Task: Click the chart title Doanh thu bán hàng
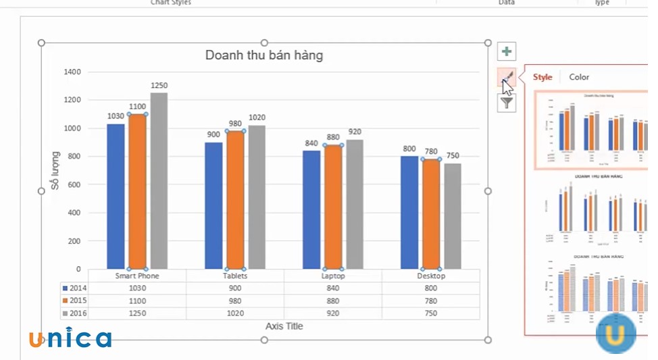pos(264,55)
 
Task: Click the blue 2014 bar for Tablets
pos(213,205)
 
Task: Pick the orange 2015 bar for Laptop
pos(333,207)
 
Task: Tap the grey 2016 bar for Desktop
pos(453,216)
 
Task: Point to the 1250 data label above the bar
pos(159,86)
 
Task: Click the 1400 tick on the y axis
pos(72,72)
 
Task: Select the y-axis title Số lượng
pos(56,170)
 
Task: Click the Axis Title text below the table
pos(284,326)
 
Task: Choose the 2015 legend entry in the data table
pos(75,301)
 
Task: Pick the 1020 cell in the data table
pos(235,313)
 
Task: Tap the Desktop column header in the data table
pos(431,276)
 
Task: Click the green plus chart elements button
pos(507,51)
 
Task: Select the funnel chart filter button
pos(507,103)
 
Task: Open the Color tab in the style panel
pos(579,77)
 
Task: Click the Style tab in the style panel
pos(542,77)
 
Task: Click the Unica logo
pos(70,338)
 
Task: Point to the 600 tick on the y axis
pos(75,184)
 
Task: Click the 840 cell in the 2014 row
pos(333,288)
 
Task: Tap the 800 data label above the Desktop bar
pos(409,149)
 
